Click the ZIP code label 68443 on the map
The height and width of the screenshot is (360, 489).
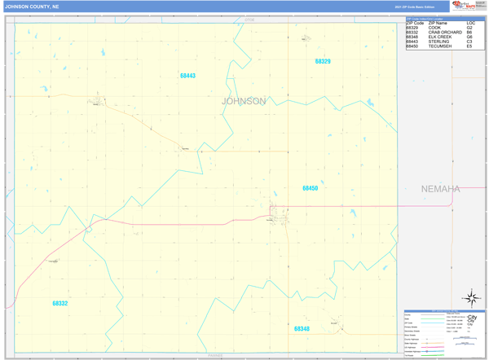(187, 76)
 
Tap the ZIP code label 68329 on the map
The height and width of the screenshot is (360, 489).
(323, 61)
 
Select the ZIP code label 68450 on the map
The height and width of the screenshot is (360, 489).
(310, 188)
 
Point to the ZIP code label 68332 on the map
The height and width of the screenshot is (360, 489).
(60, 303)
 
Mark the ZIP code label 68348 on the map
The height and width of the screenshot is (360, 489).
(302, 329)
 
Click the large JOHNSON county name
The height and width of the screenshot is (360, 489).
(244, 101)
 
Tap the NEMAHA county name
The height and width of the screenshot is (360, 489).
(440, 189)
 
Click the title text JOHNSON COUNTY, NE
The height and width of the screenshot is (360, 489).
(32, 7)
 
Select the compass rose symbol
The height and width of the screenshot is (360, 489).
(471, 298)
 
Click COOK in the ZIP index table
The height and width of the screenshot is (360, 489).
(434, 28)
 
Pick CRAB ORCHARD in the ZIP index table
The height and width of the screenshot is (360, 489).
(445, 33)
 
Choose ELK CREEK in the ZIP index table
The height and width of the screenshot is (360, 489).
(440, 37)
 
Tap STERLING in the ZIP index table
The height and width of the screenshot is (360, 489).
(438, 42)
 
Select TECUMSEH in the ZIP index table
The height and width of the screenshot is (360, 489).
(440, 46)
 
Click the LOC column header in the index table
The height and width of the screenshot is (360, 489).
(471, 23)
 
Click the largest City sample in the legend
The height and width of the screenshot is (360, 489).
(472, 318)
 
